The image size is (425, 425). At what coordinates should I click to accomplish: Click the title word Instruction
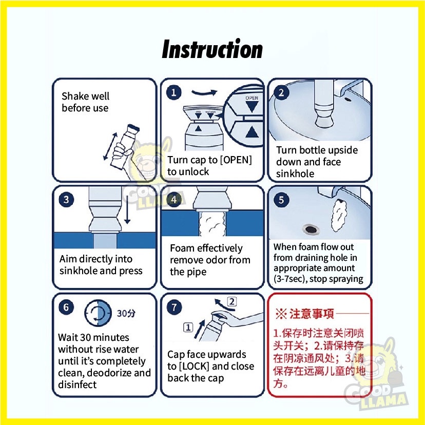[212, 49]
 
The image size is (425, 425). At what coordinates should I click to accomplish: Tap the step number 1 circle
[173, 93]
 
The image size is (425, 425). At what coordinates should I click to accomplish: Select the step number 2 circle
[281, 93]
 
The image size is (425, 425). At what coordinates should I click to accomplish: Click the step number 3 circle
[66, 200]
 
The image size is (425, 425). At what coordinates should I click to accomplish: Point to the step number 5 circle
[281, 200]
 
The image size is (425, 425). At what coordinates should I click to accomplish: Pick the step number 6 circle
[66, 307]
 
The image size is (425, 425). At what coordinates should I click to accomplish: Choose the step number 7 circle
[173, 307]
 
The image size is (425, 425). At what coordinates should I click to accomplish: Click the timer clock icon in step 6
[98, 313]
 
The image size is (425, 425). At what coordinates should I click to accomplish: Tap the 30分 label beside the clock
[126, 313]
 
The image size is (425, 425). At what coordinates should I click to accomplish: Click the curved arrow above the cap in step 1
[204, 93]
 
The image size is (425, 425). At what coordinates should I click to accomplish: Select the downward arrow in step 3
[127, 209]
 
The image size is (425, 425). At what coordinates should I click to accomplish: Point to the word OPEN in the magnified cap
[252, 98]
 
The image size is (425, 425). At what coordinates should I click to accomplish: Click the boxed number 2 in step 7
[231, 301]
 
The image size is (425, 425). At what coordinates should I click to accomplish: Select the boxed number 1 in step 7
[188, 327]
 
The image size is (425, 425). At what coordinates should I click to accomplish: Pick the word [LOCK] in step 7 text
[195, 366]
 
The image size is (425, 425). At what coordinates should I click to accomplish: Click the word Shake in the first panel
[75, 96]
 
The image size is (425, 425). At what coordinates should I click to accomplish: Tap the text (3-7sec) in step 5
[290, 279]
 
